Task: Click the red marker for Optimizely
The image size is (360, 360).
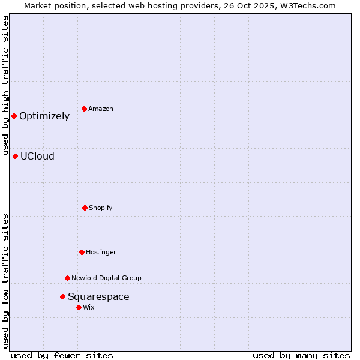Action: tap(14, 116)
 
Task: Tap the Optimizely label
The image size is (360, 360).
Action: tap(44, 116)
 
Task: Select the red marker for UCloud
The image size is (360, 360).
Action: tap(15, 156)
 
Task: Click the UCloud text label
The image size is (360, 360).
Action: tap(37, 157)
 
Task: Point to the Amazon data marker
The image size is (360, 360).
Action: tap(84, 109)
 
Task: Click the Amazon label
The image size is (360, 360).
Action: tap(101, 109)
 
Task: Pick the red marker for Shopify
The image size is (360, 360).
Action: tap(85, 208)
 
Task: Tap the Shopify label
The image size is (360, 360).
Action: tap(101, 208)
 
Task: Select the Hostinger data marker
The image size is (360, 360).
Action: tap(82, 252)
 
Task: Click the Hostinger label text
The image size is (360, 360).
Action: tap(101, 253)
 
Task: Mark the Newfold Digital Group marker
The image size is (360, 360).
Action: tap(67, 278)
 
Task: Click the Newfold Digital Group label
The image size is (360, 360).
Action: tap(106, 278)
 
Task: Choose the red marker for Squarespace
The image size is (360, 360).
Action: tap(62, 296)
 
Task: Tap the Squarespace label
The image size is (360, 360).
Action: tap(98, 297)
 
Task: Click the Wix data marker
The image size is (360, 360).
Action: tap(79, 307)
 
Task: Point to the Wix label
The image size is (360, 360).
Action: tap(89, 308)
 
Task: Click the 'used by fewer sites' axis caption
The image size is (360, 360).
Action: tap(62, 355)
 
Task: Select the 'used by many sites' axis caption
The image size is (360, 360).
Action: tap(301, 355)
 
